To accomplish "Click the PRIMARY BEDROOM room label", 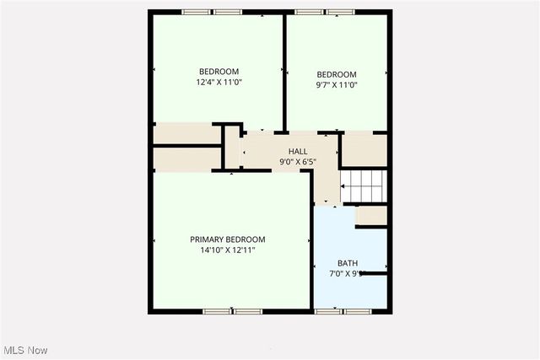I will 227,239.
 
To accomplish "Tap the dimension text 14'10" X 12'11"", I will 227,250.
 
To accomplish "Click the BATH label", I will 347,263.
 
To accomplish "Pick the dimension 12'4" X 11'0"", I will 219,83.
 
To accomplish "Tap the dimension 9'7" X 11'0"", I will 337,84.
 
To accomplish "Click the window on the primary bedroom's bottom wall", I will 233,311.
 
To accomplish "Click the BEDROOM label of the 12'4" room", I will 219,72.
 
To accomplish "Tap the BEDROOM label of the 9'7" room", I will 337,73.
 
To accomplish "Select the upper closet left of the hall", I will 186,134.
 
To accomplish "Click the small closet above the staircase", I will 364,149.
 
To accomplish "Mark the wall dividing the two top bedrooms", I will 284,72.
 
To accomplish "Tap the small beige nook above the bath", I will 371,216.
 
